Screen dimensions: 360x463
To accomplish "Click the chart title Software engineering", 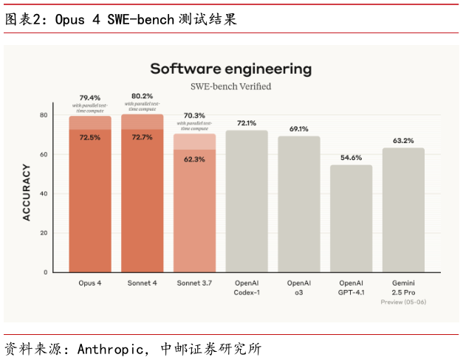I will (x=230, y=69).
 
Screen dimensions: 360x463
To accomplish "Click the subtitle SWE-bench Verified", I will (x=230, y=87).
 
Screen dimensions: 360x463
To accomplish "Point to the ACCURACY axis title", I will (x=27, y=193).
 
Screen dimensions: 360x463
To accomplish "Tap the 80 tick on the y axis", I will (x=44, y=115).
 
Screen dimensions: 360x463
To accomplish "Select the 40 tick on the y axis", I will (x=44, y=194).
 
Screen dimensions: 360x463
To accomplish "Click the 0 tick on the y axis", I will (x=46, y=272).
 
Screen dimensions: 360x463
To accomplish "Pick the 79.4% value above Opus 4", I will (x=90, y=97).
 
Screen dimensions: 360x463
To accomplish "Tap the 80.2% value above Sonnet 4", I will (x=142, y=96).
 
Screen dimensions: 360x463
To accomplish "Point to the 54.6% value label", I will (x=351, y=158).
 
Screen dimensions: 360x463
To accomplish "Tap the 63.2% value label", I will (x=403, y=141).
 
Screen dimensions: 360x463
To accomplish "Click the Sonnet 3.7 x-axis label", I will (x=194, y=283).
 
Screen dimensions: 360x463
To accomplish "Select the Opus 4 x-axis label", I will (x=90, y=283).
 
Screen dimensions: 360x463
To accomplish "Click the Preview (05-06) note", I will (x=403, y=302).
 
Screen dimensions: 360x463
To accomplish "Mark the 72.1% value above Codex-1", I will (x=247, y=123).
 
